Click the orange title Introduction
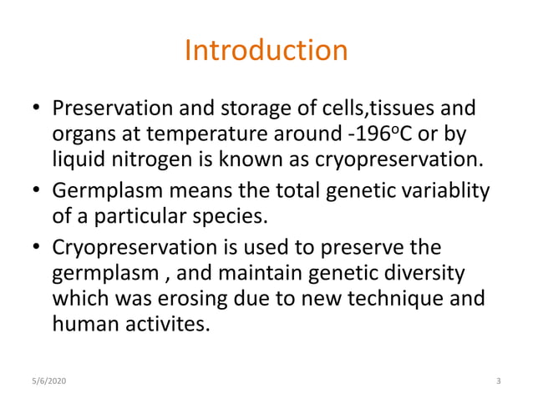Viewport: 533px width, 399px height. [x=266, y=51]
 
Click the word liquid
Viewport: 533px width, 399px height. [x=76, y=159]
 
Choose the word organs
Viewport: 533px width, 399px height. [x=82, y=134]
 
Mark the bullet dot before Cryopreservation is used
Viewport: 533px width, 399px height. [x=37, y=249]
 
